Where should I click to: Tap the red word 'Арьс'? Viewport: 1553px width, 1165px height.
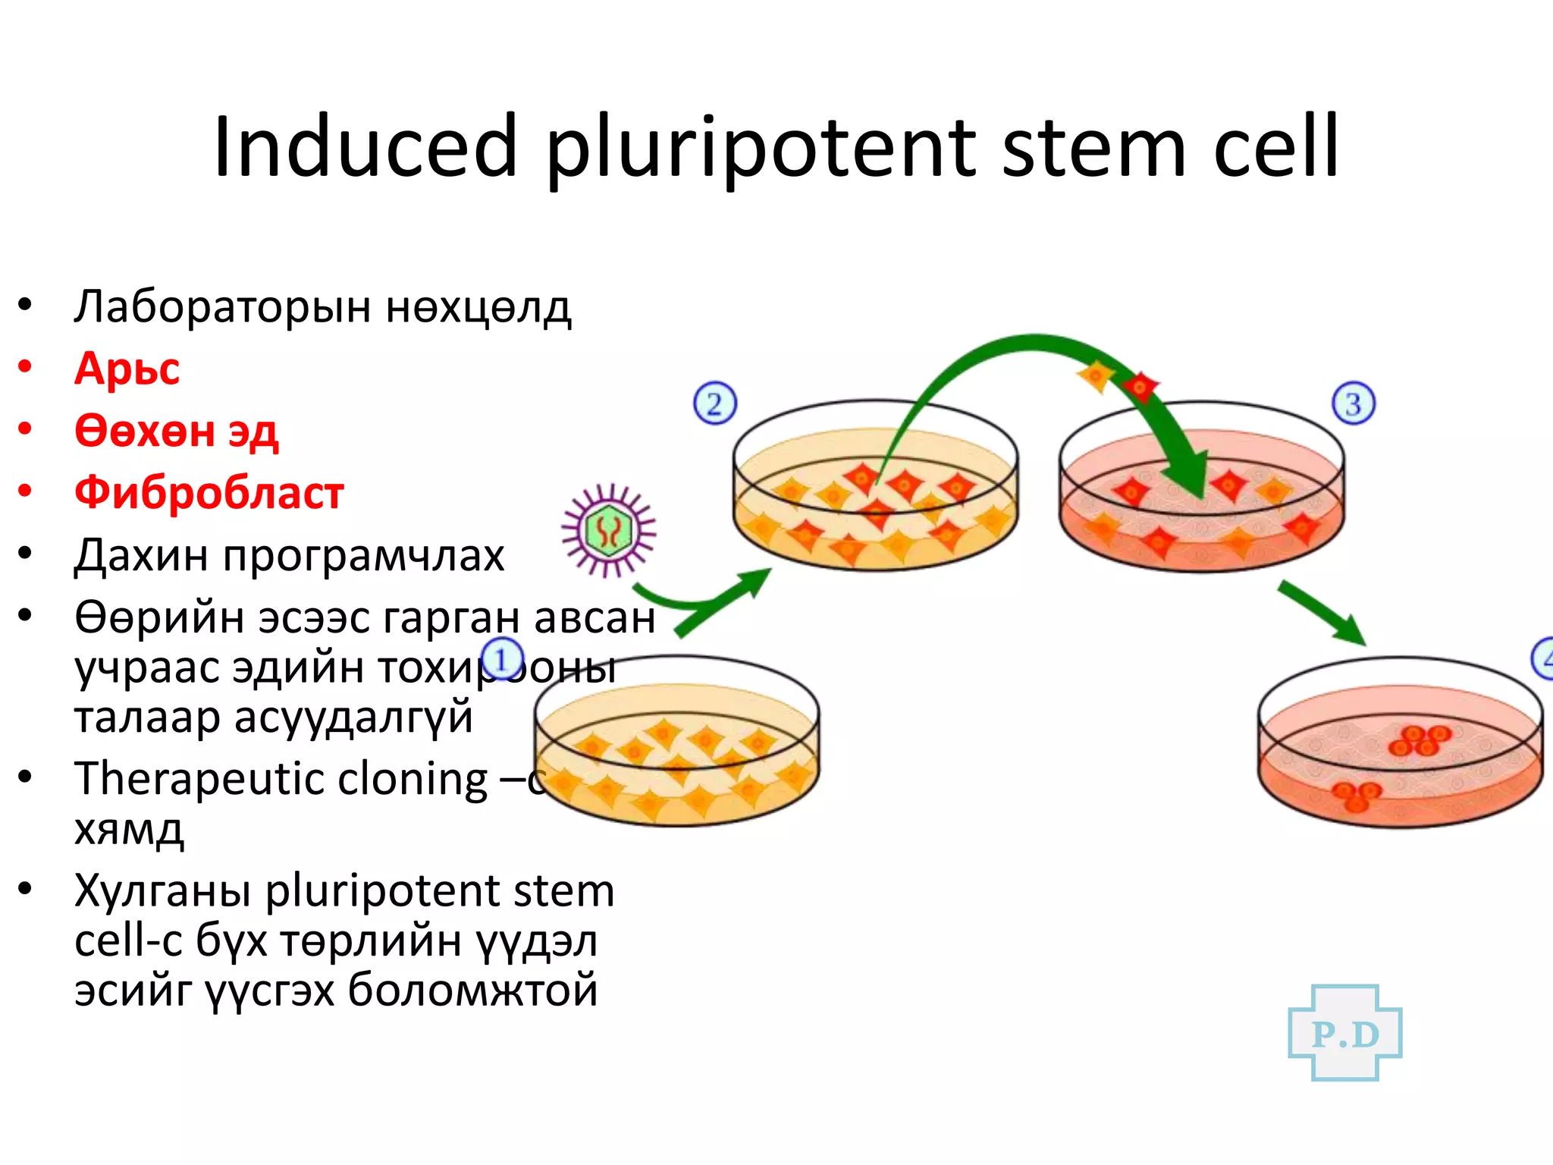click(x=127, y=369)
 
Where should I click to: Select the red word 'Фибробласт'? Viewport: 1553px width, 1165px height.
click(x=209, y=493)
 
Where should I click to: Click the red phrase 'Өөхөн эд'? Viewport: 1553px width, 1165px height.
click(x=176, y=431)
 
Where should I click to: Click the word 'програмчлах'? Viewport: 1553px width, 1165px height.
click(x=364, y=556)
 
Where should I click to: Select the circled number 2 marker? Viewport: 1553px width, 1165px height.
click(x=714, y=404)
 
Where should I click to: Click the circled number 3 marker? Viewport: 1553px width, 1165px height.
click(x=1354, y=404)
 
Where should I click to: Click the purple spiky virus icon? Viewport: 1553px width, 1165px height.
click(x=608, y=530)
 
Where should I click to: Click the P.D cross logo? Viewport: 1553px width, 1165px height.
click(x=1345, y=1033)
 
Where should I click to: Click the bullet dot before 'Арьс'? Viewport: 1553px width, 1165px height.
click(x=25, y=367)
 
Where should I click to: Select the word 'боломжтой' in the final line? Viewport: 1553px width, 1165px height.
click(x=472, y=991)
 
